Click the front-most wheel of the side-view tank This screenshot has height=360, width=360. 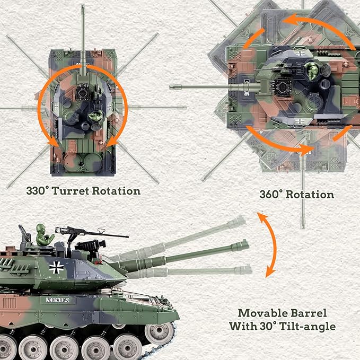(158, 333)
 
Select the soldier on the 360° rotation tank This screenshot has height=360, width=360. (314, 71)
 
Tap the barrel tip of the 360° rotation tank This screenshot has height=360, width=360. (173, 87)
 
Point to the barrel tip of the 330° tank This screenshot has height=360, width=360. (83, 8)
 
